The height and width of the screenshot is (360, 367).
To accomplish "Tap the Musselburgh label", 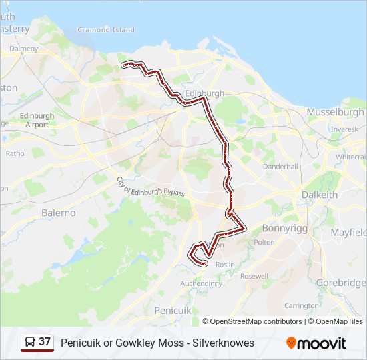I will (x=335, y=112).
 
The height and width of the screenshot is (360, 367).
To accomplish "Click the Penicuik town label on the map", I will (x=173, y=311).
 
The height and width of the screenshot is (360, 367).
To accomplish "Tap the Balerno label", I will (x=59, y=213).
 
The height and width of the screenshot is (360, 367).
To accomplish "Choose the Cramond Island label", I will (x=106, y=30).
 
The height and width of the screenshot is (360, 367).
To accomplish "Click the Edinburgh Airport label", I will (x=37, y=120).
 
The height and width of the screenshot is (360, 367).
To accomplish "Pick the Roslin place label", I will (x=226, y=264).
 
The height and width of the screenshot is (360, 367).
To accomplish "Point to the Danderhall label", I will (x=280, y=166).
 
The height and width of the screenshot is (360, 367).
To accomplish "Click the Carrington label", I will (x=302, y=305).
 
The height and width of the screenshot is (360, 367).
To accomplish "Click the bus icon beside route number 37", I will (x=30, y=343).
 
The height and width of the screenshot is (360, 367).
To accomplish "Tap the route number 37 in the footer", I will (x=45, y=342).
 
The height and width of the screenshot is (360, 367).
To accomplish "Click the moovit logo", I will (x=316, y=343).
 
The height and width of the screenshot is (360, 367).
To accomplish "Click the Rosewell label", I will (x=254, y=276).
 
